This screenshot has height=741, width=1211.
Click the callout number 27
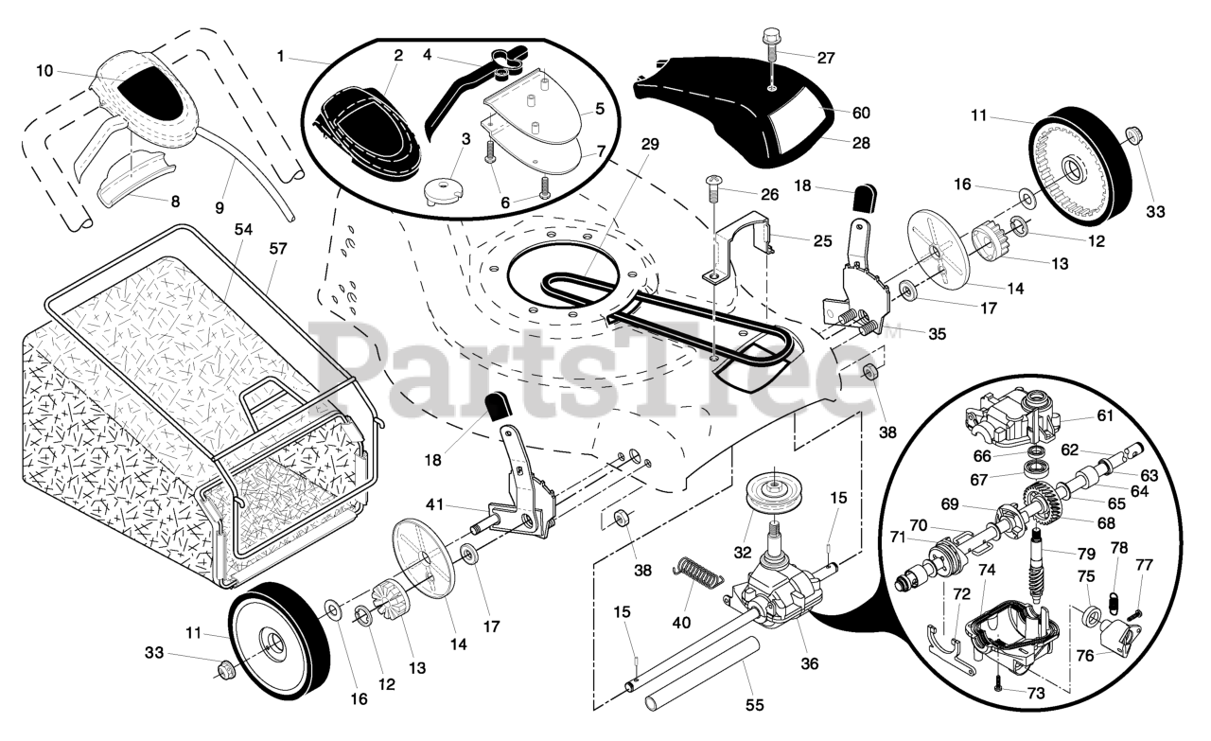coord(826,58)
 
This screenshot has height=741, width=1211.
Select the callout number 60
coord(861,113)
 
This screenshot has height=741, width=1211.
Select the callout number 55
coord(753,704)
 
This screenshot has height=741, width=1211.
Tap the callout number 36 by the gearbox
coord(809,663)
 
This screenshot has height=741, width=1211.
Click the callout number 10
coord(45,70)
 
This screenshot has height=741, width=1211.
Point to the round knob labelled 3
coord(438,187)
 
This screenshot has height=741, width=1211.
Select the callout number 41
coord(434,505)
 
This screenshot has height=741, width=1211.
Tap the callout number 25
coord(821,241)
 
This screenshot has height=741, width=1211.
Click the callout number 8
coord(174,201)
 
